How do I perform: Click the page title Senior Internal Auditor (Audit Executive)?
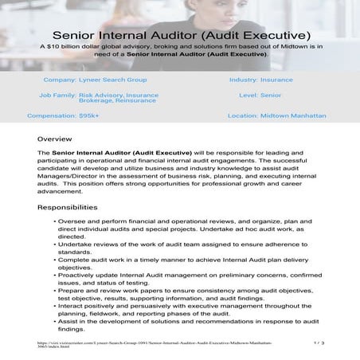pos(180,36)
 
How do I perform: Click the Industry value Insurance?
pos(278,80)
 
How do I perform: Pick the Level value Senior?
pos(270,95)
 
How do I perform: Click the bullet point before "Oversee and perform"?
pos(53,219)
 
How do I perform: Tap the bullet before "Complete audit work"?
pos(53,260)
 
